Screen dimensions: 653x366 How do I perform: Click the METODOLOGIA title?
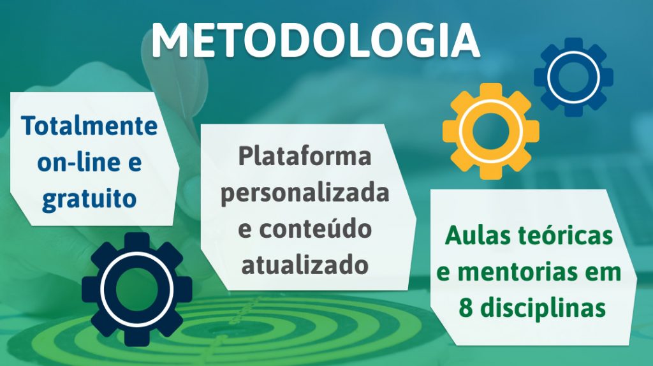pos(316,40)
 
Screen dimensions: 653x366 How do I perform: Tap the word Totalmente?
pos(89,126)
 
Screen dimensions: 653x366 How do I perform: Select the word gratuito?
pos(89,200)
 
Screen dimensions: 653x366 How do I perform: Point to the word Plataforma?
pos(304,156)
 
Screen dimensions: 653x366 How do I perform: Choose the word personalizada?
pos(305,194)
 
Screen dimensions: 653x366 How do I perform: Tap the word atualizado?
pos(305,265)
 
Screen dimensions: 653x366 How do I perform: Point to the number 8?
pos(466,309)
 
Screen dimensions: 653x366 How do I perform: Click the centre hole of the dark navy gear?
pos(136,289)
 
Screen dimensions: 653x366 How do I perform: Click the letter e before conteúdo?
pos(245,230)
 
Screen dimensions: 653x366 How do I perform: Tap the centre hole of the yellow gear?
pos(491,131)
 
